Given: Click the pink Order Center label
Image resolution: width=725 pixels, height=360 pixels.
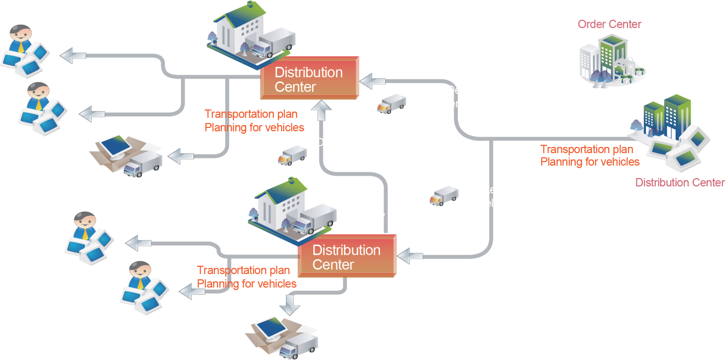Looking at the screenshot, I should pos(609,24).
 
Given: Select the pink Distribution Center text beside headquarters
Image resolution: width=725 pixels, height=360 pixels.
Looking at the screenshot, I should pos(680,182).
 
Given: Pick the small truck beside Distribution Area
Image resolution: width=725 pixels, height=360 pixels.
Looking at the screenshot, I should pos(293,155).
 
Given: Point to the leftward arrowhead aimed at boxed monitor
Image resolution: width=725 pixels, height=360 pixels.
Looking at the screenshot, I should pos(177,156).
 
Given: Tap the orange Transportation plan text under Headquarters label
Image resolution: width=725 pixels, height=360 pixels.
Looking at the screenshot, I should pos(587,149).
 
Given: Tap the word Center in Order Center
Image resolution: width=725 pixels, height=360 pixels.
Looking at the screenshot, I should pos(626,24).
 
